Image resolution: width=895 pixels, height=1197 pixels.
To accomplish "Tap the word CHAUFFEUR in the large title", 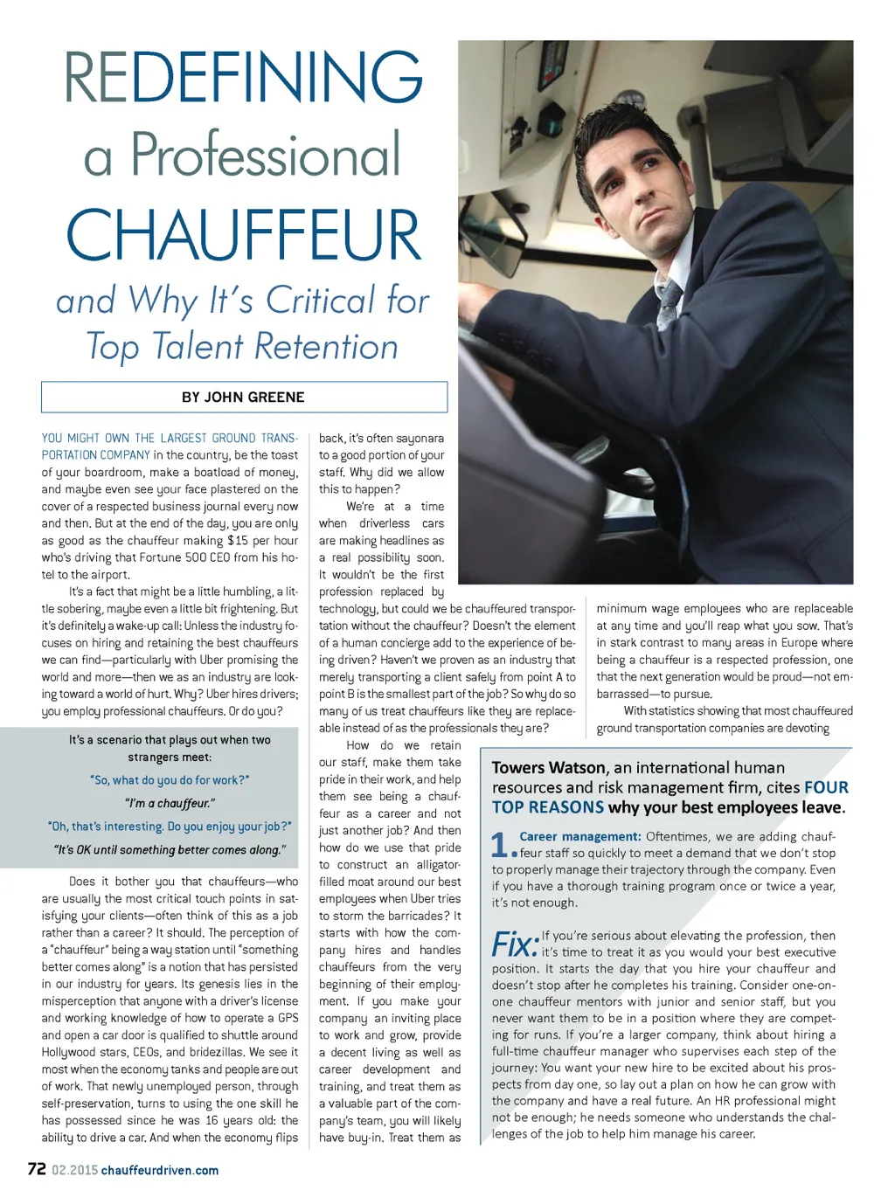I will coord(243,234).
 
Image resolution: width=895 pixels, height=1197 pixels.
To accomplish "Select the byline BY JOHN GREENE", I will coord(243,397).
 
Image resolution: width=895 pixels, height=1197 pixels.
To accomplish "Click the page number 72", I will coord(37,1169).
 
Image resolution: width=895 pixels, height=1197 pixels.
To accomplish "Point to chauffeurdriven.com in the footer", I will coord(160,1170).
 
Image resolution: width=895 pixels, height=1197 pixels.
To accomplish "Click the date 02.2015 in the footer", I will coord(74,1170).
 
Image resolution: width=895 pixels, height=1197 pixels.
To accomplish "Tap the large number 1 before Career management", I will coord(500,843).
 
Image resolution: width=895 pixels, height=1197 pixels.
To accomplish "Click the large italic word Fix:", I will coord(515,944).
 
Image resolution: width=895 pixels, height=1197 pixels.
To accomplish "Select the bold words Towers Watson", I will coord(549,767).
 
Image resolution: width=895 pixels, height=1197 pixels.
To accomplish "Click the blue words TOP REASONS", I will coord(548,807).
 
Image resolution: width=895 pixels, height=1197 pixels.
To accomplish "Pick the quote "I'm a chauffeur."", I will coord(170,803).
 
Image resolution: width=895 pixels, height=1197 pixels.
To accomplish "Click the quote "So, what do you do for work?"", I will coord(170,779).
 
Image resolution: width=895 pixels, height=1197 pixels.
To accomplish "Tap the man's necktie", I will coord(668,302).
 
